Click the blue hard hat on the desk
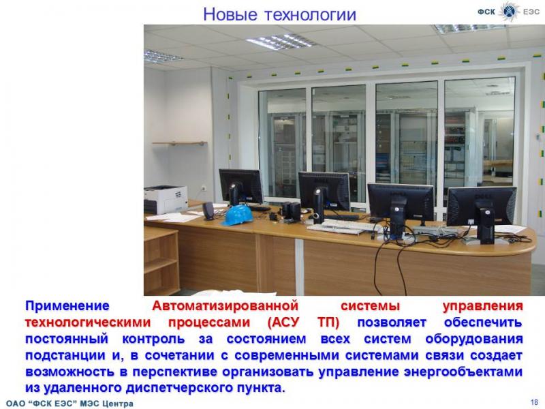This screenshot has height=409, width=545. click(x=238, y=215)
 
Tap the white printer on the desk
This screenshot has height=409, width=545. click(x=166, y=200)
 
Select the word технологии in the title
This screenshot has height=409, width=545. click(x=311, y=14)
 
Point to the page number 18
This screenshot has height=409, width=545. click(x=534, y=402)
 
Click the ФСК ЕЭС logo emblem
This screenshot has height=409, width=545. click(x=508, y=11)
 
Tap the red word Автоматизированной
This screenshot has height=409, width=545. click(x=225, y=306)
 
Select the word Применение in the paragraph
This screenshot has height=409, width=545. click(x=67, y=306)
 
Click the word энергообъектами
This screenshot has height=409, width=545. click(x=463, y=372)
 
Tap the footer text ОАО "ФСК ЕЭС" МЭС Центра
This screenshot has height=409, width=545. click(x=69, y=404)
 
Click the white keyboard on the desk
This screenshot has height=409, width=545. click(x=340, y=227)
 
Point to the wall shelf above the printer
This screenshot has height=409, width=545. click(x=180, y=143)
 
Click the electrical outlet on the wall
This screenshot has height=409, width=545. click(x=204, y=188)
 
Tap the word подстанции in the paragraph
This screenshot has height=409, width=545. click(x=65, y=355)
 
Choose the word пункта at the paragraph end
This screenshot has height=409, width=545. click(x=261, y=388)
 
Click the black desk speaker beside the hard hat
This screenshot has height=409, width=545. click(x=208, y=211)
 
